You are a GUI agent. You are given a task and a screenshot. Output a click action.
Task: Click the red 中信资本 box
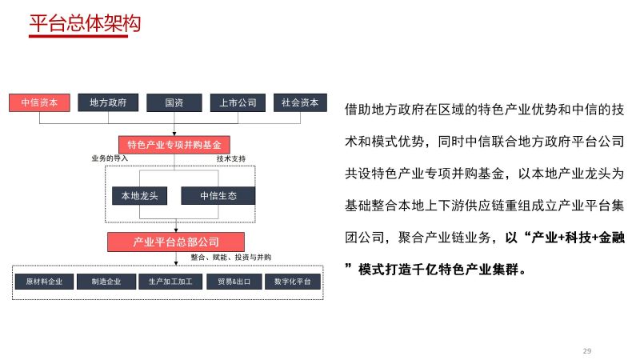(39, 102)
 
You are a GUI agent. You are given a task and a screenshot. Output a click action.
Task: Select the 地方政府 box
(108, 102)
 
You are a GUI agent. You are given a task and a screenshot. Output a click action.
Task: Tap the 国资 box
(174, 102)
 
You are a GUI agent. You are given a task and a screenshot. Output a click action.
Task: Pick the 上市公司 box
(238, 102)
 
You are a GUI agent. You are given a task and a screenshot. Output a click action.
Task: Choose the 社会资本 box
(300, 102)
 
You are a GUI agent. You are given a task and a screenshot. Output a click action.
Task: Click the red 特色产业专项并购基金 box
(174, 145)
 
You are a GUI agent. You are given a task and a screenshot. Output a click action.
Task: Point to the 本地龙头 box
(139, 195)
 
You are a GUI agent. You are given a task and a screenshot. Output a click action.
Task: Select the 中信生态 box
(218, 195)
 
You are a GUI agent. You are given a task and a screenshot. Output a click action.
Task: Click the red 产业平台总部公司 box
(176, 242)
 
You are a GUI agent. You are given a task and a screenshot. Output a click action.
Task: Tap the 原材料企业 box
(45, 282)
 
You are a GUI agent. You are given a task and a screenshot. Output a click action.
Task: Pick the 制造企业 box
(106, 282)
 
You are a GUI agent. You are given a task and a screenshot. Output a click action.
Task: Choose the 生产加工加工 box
(170, 282)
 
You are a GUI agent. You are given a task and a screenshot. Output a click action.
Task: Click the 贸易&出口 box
(234, 282)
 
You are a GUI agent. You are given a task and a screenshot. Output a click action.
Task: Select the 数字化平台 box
(293, 282)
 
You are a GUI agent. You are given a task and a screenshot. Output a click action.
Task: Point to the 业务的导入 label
(110, 158)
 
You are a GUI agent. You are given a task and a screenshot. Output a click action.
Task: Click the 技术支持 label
(231, 158)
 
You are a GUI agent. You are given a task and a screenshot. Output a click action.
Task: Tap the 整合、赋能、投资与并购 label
(231, 257)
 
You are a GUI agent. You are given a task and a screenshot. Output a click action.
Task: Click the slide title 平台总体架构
(85, 23)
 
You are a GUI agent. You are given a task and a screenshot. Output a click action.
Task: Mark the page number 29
(587, 351)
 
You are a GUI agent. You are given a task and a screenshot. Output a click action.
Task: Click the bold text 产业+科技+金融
(578, 238)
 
